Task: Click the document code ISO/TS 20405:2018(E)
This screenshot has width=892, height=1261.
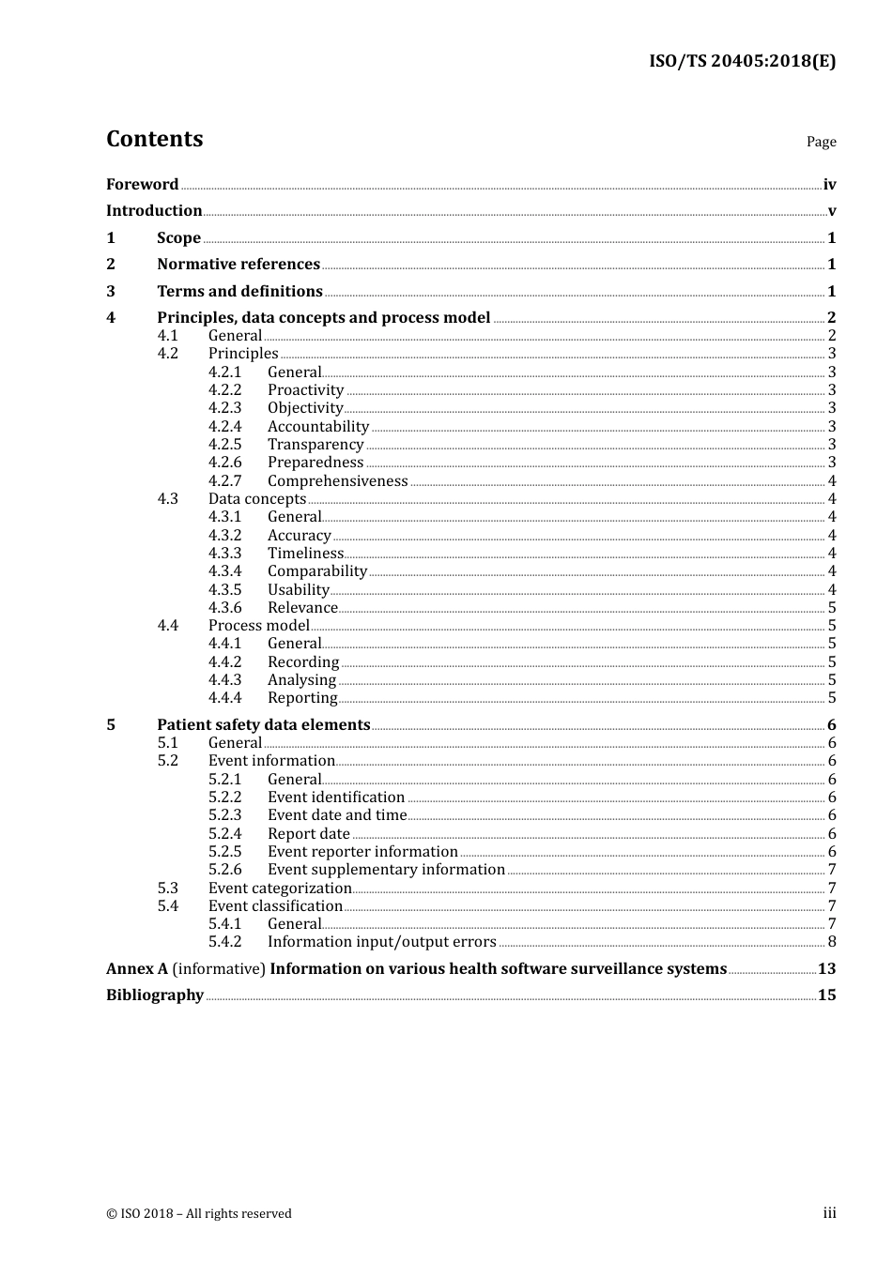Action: tap(742, 62)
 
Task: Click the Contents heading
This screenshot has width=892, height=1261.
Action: tap(154, 139)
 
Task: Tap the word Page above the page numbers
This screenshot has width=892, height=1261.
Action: tap(821, 142)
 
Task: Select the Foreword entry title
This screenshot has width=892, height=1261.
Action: tap(142, 185)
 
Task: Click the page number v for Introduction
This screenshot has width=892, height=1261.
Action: tap(831, 211)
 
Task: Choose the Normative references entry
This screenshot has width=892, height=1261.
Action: tap(238, 265)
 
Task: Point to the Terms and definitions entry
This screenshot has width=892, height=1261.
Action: tap(239, 292)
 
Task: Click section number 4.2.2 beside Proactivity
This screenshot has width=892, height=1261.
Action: tap(224, 390)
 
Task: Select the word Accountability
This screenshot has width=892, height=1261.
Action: tap(318, 427)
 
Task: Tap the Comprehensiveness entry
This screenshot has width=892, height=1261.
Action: tap(337, 481)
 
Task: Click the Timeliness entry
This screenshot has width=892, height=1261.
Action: tap(305, 554)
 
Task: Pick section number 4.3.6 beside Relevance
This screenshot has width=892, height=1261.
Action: tap(224, 608)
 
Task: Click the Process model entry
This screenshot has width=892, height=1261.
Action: tap(258, 626)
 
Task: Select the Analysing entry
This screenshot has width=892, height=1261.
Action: tap(301, 680)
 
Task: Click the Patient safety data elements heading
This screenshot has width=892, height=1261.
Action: tap(263, 725)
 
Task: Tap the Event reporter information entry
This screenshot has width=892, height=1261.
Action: tap(362, 852)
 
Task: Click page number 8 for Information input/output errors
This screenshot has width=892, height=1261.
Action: tap(831, 942)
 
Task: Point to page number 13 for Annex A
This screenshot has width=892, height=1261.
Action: tap(826, 969)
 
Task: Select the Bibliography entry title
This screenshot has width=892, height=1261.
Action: tap(155, 995)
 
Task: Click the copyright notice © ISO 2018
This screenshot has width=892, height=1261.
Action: tap(199, 1214)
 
